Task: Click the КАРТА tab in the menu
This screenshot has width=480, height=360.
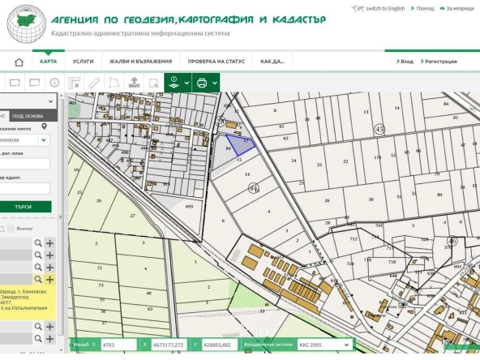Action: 48,61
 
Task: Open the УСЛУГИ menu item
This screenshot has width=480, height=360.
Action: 83,61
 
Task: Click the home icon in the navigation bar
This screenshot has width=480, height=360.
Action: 19,62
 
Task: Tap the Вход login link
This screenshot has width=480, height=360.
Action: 405,61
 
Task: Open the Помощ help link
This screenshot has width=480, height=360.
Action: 424,7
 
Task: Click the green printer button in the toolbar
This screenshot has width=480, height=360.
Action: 203,82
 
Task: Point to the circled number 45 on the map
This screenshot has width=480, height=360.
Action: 379,129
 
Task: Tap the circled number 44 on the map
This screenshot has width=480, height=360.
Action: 254,187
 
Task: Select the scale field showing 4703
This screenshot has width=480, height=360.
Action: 118,345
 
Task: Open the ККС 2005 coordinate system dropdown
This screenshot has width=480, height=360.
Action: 324,345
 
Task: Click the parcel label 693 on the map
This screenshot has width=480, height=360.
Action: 189,207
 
